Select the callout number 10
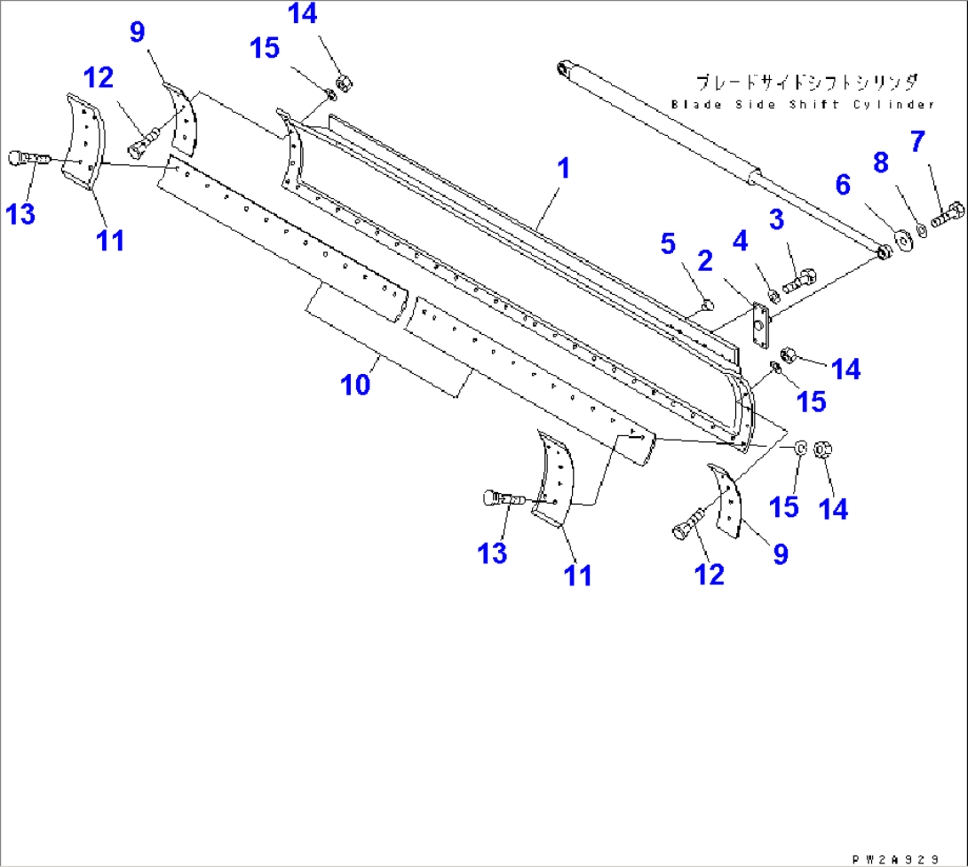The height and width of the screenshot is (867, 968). [356, 385]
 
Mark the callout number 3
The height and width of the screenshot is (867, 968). [777, 219]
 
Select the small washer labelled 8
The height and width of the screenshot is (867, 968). [922, 230]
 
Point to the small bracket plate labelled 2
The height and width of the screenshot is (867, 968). [759, 323]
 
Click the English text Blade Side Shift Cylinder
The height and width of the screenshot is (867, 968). [803, 104]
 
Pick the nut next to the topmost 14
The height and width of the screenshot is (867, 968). [346, 83]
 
